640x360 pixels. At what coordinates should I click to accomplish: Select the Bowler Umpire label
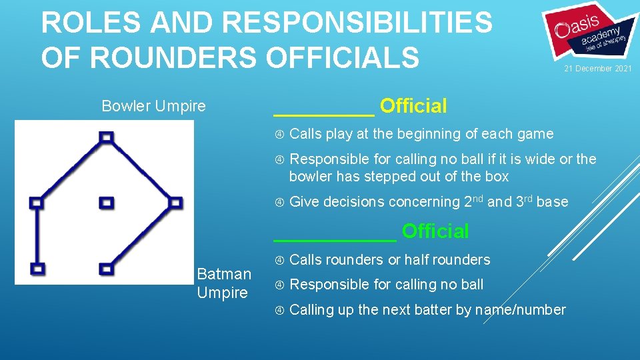pyautogui.click(x=153, y=106)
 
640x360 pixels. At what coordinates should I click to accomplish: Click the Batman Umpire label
pyautogui.click(x=224, y=283)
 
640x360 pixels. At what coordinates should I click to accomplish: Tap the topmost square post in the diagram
pyautogui.click(x=106, y=137)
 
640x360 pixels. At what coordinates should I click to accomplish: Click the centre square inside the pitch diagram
pyautogui.click(x=106, y=202)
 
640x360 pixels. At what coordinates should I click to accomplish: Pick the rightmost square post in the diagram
pyautogui.click(x=175, y=202)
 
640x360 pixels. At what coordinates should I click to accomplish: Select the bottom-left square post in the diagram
pyautogui.click(x=37, y=269)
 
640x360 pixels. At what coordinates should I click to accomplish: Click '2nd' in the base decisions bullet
pyautogui.click(x=472, y=201)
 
